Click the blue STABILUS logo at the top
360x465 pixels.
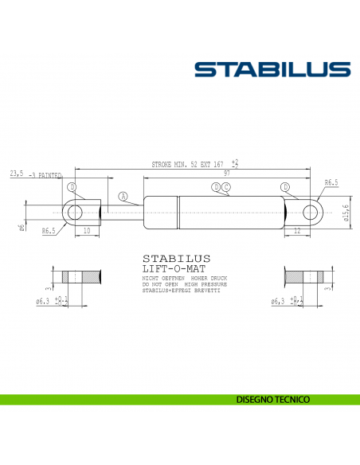pyautogui.click(x=272, y=69)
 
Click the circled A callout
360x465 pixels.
pyautogui.click(x=123, y=196)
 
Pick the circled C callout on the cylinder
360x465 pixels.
pyautogui.click(x=226, y=187)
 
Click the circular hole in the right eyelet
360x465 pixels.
pyautogui.click(x=311, y=212)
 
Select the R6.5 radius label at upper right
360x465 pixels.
pyautogui.click(x=331, y=183)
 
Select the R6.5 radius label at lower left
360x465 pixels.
pyautogui.click(x=49, y=231)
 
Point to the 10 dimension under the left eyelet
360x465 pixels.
pyautogui.click(x=85, y=230)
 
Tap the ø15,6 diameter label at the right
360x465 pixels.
pyautogui.click(x=346, y=213)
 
